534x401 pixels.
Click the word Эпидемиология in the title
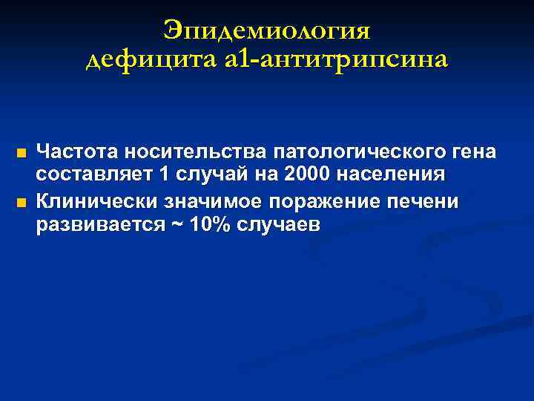point(267,32)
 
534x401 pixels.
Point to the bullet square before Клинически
point(21,202)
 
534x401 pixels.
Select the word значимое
point(218,201)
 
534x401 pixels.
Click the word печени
point(432,201)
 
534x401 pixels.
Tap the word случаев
point(278,226)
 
